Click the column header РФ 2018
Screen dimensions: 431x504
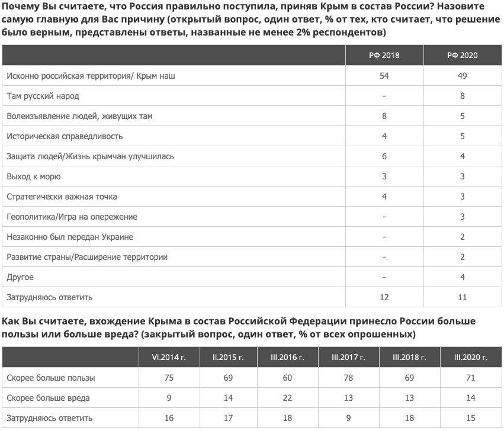pos(385,55)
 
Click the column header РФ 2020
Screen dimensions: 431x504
pos(463,55)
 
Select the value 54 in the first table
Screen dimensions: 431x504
pos(385,76)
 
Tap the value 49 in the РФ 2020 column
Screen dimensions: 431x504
pos(463,76)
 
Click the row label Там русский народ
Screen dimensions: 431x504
pos(43,96)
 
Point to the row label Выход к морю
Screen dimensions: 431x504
pos(34,176)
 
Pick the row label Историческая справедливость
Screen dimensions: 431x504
pos(65,136)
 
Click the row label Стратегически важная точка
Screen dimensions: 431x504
pos(62,197)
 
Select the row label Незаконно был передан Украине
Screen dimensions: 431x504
pos(70,237)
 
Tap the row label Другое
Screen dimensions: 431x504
pos(20,277)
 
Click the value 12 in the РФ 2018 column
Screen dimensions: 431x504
pos(385,297)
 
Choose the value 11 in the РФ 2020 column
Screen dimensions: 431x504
pos(463,297)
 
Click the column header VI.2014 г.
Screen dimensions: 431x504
pos(169,358)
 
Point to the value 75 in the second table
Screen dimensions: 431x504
pos(169,378)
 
